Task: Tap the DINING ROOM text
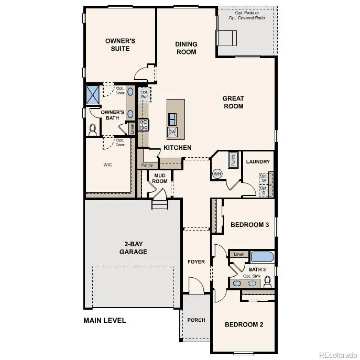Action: tap(186, 48)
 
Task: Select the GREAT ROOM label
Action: tap(233, 102)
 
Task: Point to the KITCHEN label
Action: tap(177, 148)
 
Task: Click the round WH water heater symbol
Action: tap(217, 173)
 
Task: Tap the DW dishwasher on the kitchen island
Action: tap(172, 131)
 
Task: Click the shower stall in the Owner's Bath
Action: tap(93, 95)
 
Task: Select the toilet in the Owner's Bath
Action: tap(93, 128)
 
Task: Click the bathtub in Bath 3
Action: tap(263, 256)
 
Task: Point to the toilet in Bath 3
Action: tap(268, 282)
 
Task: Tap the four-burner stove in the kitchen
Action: tap(143, 125)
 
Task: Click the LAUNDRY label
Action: tap(258, 161)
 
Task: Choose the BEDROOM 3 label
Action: tap(249, 225)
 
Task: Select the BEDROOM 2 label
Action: tap(244, 324)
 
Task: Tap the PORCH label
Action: tap(196, 320)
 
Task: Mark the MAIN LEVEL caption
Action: tap(105, 320)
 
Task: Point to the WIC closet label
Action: tap(107, 164)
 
